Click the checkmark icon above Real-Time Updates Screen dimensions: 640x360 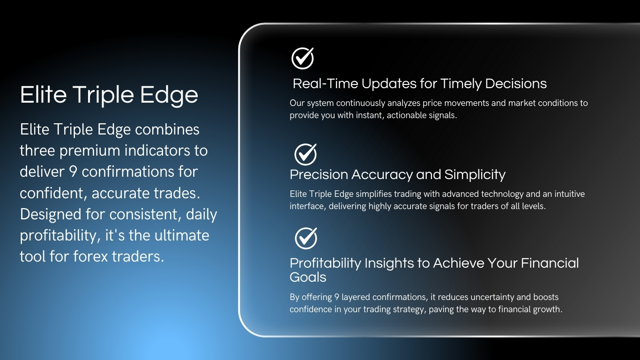(x=303, y=58)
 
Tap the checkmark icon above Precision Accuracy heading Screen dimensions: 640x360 (x=305, y=154)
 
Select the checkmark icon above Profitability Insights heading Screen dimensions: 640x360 (x=306, y=239)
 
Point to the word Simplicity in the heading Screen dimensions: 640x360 (x=475, y=175)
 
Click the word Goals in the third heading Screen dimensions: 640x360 (x=308, y=277)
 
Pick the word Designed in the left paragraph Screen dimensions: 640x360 (x=51, y=215)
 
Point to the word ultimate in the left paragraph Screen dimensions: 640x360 (x=182, y=235)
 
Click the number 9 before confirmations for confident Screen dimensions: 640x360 (x=73, y=172)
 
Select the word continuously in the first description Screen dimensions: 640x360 (x=360, y=103)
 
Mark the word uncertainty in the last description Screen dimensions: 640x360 (x=492, y=297)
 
